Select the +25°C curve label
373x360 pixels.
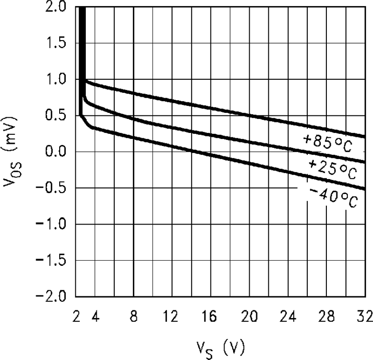click(332, 170)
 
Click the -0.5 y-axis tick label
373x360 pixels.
click(53, 188)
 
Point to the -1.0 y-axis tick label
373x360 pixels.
click(53, 224)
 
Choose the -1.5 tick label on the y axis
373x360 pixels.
click(53, 260)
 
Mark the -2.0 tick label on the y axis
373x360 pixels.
click(53, 296)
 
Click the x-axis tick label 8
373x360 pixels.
click(133, 317)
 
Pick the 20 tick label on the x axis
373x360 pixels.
click(249, 317)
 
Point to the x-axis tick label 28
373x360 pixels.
click(326, 317)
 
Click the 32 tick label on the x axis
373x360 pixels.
click(362, 317)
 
